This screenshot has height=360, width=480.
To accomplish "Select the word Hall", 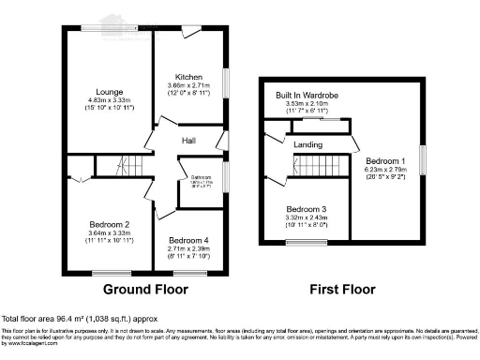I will click(x=188, y=140).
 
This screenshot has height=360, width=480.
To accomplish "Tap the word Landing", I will click(x=307, y=145).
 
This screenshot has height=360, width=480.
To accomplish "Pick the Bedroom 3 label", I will click(x=307, y=208).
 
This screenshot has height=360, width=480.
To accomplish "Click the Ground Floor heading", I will click(x=142, y=288).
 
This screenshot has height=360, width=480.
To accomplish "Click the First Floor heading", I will click(x=344, y=288).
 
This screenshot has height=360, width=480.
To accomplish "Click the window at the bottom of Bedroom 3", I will click(x=302, y=243).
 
